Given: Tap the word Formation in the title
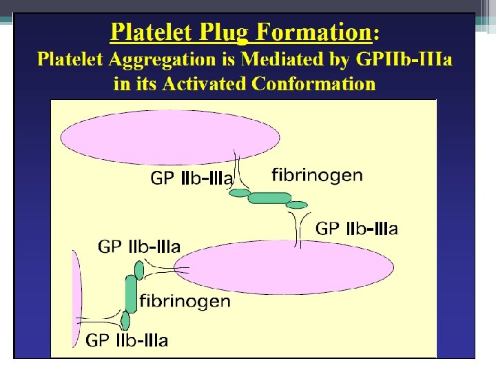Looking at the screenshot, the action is pyautogui.click(x=317, y=32).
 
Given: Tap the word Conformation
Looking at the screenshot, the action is pyautogui.click(x=314, y=84).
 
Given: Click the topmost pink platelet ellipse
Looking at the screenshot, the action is pyautogui.click(x=169, y=138).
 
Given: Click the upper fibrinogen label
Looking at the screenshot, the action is pyautogui.click(x=317, y=174).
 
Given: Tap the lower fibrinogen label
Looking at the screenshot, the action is pyautogui.click(x=185, y=301).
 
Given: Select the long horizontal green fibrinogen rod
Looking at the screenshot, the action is pyautogui.click(x=269, y=198).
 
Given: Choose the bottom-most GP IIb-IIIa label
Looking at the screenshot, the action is pyautogui.click(x=127, y=340).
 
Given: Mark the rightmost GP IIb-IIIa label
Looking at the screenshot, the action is pyautogui.click(x=356, y=229).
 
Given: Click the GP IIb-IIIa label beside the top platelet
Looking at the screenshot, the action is pyautogui.click(x=192, y=179).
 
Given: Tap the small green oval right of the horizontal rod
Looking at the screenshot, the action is pyautogui.click(x=297, y=205).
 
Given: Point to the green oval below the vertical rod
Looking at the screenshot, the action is pyautogui.click(x=125, y=321).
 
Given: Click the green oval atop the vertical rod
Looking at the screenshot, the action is pyautogui.click(x=139, y=271).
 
